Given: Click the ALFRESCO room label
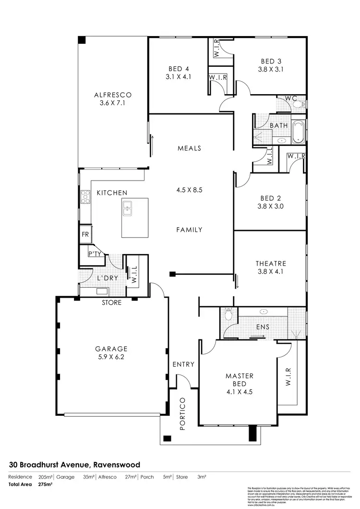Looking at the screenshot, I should click(113, 95).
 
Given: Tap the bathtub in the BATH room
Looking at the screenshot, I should click(299, 131).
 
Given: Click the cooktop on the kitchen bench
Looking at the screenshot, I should click(85, 196).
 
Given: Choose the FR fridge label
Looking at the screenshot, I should click(85, 235).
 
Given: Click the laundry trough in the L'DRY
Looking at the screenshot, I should click(101, 291).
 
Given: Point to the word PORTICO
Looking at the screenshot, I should click(182, 413).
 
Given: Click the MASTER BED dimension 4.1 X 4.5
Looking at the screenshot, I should click(239, 392).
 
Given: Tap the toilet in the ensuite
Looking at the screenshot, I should click(228, 314).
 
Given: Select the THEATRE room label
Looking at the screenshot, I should click(271, 263).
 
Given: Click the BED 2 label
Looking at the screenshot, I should click(271, 198).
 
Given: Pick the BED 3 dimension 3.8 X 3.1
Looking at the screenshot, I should click(271, 69).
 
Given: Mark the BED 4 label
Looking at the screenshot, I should click(178, 68).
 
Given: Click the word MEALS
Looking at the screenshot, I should click(189, 148).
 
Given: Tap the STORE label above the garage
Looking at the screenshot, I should click(112, 303).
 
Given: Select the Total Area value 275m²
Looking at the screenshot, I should click(45, 485).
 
